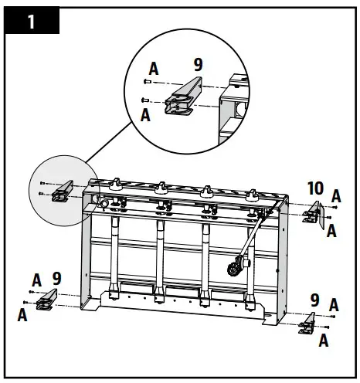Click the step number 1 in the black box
tap(31, 21)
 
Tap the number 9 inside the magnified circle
tap(198, 66)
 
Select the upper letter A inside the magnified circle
tap(154, 69)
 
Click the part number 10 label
tap(315, 188)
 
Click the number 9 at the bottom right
tap(314, 299)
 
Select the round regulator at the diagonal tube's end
tap(231, 268)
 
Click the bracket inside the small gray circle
tap(60, 191)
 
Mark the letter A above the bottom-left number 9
tap(36, 279)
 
